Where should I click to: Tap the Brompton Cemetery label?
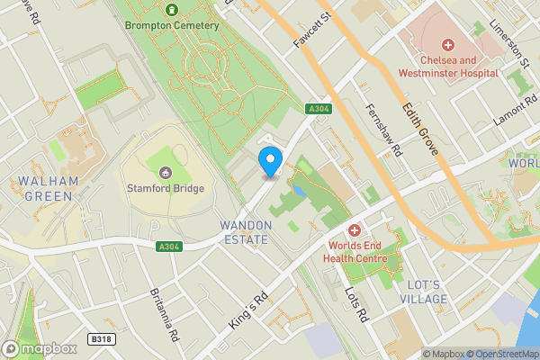[172, 25]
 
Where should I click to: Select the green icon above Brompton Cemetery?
[172, 10]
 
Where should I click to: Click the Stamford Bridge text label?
[166, 188]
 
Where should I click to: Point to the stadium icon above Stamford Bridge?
[166, 173]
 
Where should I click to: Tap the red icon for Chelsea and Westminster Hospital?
[447, 45]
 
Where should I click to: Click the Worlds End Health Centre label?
[357, 252]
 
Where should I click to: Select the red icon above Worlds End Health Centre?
[355, 230]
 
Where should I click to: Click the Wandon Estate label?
[244, 232]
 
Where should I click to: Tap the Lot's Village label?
[422, 292]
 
